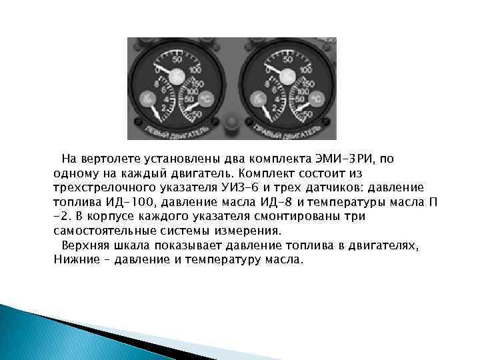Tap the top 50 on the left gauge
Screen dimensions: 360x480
tap(177, 59)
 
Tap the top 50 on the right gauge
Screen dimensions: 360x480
tap(287, 59)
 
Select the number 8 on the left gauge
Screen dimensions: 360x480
tap(155, 85)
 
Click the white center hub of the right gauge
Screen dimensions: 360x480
tap(287, 77)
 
